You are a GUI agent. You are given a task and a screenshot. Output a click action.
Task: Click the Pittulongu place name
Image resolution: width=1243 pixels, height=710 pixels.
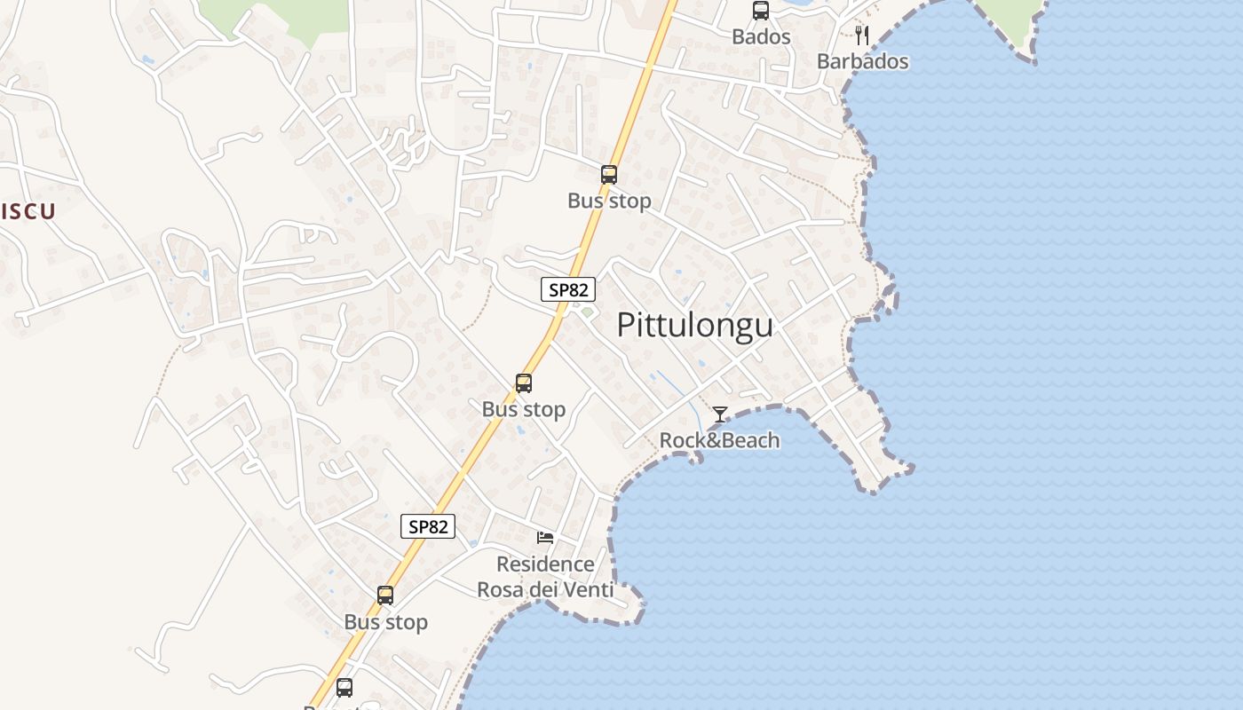click(694, 325)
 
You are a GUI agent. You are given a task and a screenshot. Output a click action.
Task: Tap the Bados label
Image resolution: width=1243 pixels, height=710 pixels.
click(761, 37)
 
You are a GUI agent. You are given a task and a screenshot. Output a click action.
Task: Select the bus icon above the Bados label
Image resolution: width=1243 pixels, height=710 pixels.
click(761, 11)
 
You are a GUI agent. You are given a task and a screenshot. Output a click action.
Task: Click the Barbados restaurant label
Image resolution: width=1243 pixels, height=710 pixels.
click(862, 61)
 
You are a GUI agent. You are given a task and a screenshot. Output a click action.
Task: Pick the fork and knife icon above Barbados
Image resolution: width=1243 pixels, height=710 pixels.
click(861, 35)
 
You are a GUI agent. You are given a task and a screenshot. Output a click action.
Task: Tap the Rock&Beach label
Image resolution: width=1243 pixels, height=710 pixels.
click(719, 440)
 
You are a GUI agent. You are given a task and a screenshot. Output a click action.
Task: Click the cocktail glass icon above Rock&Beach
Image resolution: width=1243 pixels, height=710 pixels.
click(720, 414)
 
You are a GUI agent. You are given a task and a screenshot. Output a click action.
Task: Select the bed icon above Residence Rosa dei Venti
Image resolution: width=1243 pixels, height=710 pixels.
click(545, 537)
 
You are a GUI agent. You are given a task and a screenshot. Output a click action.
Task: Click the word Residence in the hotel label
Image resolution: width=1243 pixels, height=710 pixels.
click(545, 564)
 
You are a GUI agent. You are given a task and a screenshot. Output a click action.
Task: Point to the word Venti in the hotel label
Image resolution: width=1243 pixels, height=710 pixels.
click(582, 589)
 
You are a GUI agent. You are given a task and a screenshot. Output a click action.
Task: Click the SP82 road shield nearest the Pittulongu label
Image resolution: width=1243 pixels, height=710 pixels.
click(568, 289)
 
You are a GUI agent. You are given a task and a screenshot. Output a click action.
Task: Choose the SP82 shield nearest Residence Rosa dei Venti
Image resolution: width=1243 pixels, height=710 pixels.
click(428, 526)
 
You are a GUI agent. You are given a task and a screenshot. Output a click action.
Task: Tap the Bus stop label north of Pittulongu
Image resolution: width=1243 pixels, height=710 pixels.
click(609, 201)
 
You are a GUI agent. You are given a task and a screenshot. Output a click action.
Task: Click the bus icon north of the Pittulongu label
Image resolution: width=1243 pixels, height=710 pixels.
click(609, 175)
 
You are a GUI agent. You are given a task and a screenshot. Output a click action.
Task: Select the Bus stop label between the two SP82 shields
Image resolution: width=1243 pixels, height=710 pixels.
click(524, 409)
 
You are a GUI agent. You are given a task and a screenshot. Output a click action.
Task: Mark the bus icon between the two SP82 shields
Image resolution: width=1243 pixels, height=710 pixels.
click(524, 383)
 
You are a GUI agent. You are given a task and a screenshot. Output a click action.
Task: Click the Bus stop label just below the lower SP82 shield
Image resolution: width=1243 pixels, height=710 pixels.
click(385, 622)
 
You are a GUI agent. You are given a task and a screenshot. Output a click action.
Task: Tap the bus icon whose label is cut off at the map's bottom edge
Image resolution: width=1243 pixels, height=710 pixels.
click(344, 687)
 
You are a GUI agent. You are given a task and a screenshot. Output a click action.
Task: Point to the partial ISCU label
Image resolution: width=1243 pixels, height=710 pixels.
click(28, 211)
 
